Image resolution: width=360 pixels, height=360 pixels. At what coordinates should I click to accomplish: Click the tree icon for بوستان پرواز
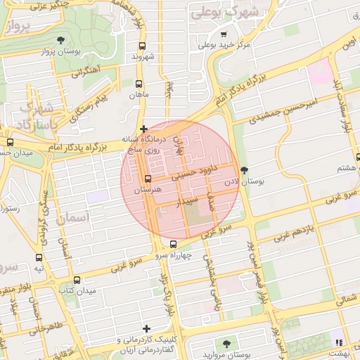[60, 40]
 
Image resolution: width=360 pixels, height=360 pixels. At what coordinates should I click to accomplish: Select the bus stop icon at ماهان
[138, 83]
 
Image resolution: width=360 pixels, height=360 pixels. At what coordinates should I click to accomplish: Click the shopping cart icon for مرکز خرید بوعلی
[224, 34]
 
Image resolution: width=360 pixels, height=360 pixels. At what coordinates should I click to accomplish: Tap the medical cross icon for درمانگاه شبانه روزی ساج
[144, 129]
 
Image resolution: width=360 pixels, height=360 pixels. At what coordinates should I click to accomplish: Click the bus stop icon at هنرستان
[147, 179]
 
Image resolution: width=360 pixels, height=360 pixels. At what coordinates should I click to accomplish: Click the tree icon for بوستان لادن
[244, 169]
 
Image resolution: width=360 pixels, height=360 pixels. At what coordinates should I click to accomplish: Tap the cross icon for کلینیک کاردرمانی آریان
[146, 328]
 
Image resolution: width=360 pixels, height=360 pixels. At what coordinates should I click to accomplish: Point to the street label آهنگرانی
[85, 71]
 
